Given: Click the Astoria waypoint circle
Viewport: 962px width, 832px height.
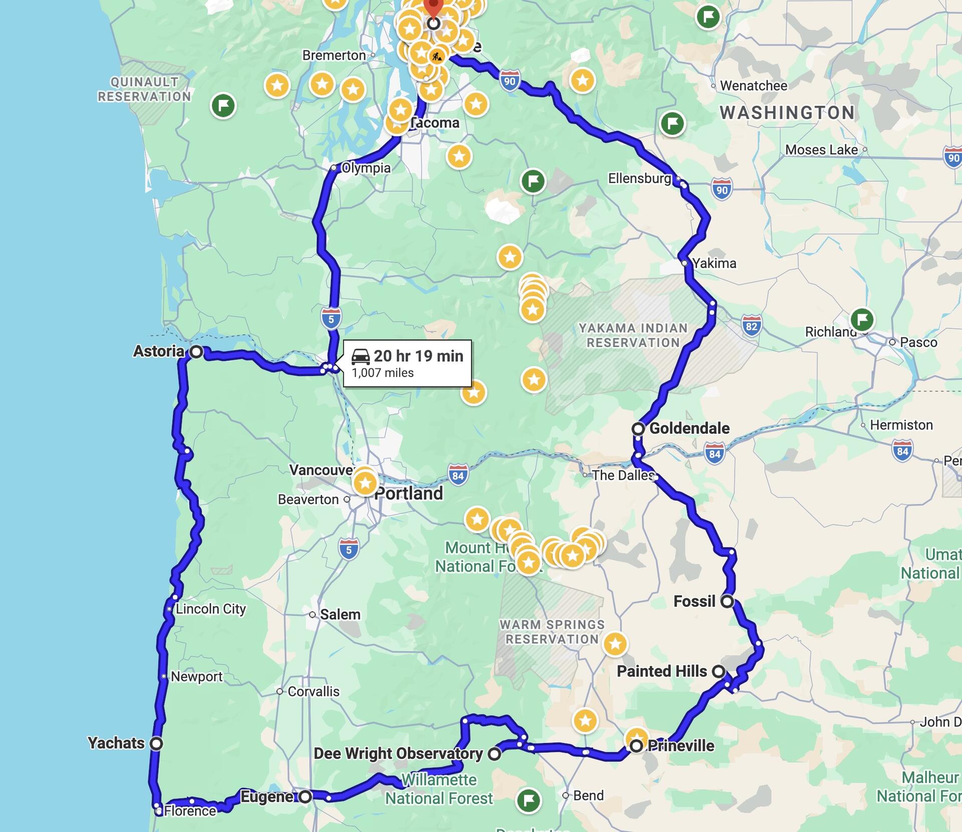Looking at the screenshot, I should pos(197,352).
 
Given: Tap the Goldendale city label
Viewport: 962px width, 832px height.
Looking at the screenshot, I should pos(689,428).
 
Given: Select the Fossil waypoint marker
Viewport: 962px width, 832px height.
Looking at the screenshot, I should pos(727,601).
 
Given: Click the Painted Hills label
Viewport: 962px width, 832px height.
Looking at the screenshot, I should pos(661,671).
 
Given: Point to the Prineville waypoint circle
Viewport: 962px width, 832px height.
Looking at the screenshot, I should pos(636,746).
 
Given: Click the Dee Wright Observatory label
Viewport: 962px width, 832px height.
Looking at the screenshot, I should pos(398,753).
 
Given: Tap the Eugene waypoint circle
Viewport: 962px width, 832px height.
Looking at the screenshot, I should pos(306,796).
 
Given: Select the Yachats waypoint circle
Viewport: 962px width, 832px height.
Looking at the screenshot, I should pos(157,743).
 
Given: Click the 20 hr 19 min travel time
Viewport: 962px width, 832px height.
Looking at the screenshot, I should pos(418,356).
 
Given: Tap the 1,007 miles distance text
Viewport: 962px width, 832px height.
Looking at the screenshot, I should pos(383,373).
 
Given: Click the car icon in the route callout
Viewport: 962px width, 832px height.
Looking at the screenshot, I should pos(360,357).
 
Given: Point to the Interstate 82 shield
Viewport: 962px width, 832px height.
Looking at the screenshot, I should pos(751,326).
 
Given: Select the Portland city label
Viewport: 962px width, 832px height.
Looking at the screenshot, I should pos(409,493).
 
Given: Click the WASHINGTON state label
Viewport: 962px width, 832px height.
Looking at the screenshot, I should pos(787,113).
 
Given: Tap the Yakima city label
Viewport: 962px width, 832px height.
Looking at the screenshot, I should pos(714,263).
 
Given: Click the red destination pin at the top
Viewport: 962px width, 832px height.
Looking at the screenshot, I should pos(433,8).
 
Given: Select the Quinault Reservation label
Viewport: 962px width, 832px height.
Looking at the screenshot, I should pos(144,89).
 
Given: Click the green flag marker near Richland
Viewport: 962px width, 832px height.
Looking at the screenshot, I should pos(862,319).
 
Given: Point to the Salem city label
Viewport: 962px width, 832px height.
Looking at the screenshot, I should pos(340,614).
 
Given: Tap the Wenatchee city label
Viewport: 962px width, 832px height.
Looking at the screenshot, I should pos(754,86).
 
